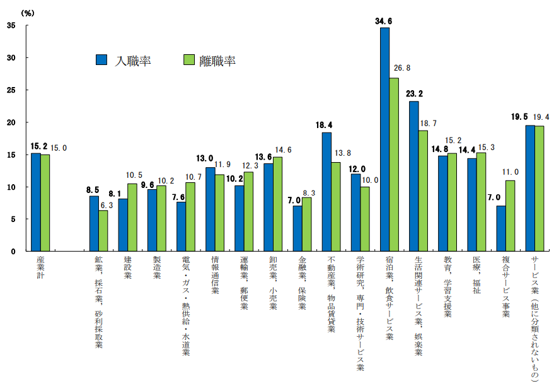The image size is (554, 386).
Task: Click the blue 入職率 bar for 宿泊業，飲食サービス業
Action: tap(384, 139)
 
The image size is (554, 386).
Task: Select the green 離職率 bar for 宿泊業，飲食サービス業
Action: tap(394, 164)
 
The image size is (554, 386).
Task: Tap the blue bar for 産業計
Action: tap(35, 202)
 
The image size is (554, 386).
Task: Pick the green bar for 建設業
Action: tap(132, 217)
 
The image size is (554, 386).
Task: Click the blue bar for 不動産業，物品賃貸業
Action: tap(326, 192)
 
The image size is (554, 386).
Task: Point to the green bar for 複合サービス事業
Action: tap(511, 216)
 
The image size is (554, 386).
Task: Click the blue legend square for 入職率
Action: tap(101, 60)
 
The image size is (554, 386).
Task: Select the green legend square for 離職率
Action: tap(188, 60)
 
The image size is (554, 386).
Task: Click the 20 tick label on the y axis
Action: tap(11, 122)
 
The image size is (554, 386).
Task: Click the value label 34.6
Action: tap(384, 21)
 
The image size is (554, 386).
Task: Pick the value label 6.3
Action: tap(108, 205)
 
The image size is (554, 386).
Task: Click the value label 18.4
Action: tap(324, 126)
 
